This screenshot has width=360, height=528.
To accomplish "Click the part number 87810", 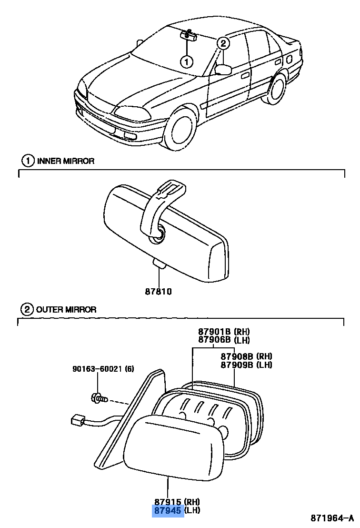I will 158,291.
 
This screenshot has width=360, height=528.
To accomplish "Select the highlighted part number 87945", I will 168,510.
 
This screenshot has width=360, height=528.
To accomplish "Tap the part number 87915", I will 168,501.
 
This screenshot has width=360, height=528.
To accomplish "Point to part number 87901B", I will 214,332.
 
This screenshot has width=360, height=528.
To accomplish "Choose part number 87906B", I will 214,340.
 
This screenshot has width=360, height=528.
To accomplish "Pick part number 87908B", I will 237,356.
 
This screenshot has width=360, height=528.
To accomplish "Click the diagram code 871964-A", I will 332,518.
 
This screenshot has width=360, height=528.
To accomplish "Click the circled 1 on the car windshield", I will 187,61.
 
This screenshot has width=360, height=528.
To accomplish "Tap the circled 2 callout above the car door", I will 223,43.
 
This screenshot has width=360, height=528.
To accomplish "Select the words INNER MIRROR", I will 66,161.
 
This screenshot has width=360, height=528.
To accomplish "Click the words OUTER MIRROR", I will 67,310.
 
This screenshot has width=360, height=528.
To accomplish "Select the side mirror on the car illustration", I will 223,70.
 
